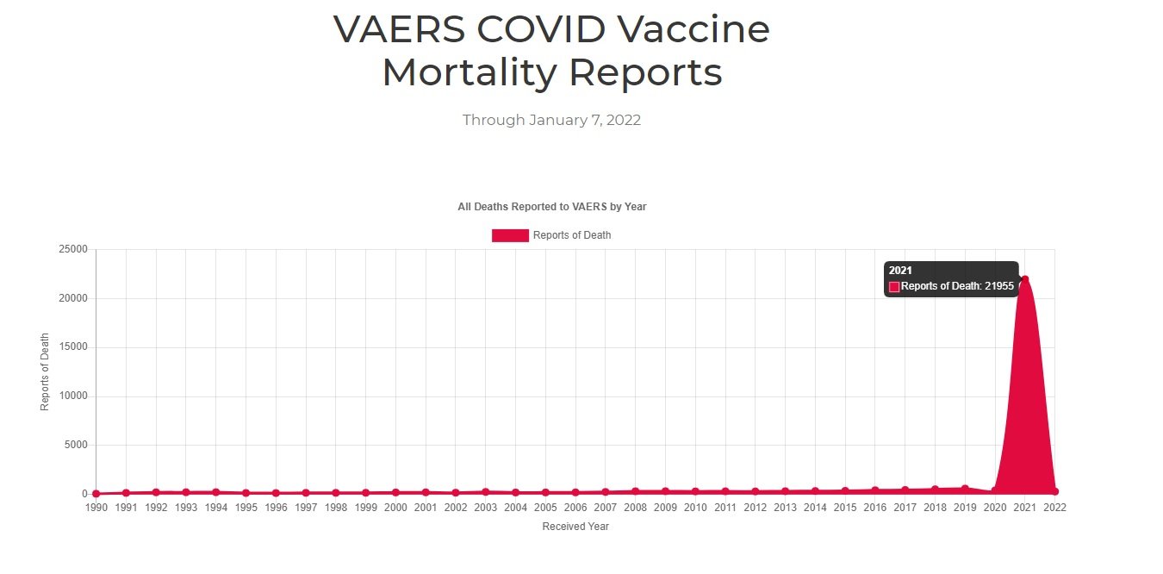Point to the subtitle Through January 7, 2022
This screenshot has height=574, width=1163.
[x=551, y=120]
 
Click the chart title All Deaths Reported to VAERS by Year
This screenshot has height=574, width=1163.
[x=551, y=207]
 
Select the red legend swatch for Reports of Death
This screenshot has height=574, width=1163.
[x=510, y=235]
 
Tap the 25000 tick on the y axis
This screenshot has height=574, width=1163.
[x=72, y=250]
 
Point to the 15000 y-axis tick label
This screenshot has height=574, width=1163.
[x=72, y=347]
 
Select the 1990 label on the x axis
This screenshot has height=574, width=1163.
[x=96, y=508]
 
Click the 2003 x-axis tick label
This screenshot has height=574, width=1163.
[x=485, y=508]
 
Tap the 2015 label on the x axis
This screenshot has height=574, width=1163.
[x=845, y=508]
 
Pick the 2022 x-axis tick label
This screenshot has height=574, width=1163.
[x=1054, y=508]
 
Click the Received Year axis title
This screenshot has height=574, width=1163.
[x=575, y=527]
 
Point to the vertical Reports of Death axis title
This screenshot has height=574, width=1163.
[x=45, y=371]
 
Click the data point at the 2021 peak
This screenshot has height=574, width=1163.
[x=1024, y=279]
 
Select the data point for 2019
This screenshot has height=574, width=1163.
[x=965, y=489]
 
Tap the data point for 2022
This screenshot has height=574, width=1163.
[x=1054, y=491]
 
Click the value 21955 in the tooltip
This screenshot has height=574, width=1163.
[x=999, y=286]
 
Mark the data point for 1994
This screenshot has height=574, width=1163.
[x=215, y=492]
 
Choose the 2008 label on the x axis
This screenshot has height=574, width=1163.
[x=635, y=508]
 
